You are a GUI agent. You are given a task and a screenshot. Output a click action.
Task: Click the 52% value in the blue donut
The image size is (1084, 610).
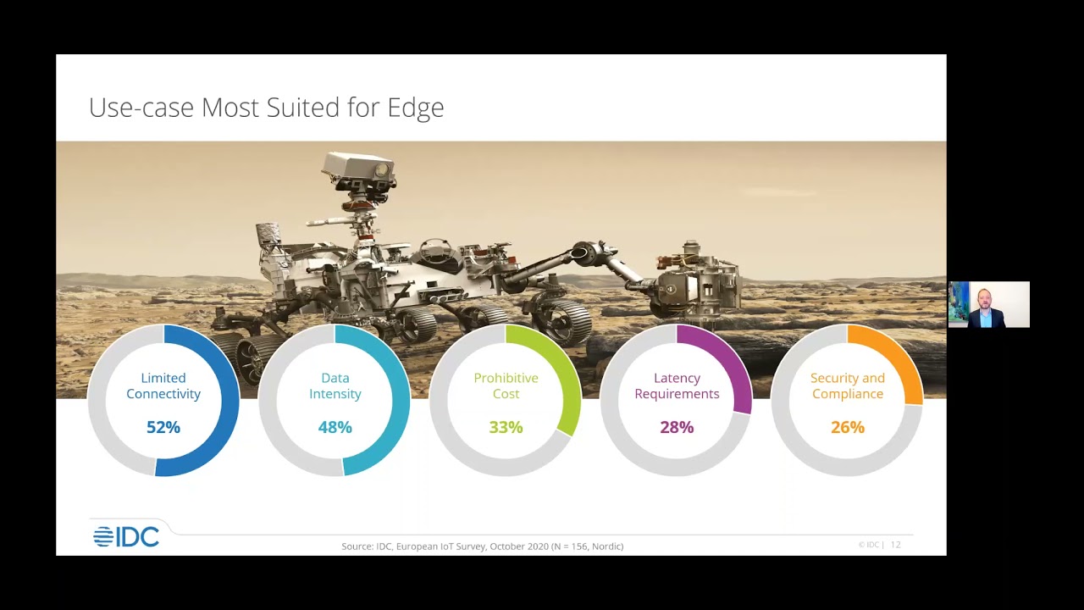pyautogui.click(x=163, y=427)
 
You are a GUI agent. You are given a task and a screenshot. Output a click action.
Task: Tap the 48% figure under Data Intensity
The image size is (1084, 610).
pyautogui.click(x=335, y=427)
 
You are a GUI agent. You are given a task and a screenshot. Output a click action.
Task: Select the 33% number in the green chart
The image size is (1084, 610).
pyautogui.click(x=506, y=427)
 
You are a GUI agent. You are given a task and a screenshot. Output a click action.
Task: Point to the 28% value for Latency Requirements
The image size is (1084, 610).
pyautogui.click(x=677, y=427)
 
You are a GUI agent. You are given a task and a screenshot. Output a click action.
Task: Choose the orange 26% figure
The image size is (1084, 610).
pyautogui.click(x=848, y=427)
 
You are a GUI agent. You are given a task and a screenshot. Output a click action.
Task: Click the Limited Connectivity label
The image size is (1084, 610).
pyautogui.click(x=163, y=385)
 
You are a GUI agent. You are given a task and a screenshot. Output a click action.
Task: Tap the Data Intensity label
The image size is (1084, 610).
pyautogui.click(x=335, y=385)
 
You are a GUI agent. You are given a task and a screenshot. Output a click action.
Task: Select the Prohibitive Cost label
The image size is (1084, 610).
pyautogui.click(x=506, y=385)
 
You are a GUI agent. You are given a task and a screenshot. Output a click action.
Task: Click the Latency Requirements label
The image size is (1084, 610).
pyautogui.click(x=677, y=385)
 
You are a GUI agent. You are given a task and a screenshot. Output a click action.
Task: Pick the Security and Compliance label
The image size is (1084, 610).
pyautogui.click(x=848, y=385)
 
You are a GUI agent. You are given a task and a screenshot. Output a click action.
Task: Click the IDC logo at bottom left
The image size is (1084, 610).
pyautogui.click(x=126, y=536)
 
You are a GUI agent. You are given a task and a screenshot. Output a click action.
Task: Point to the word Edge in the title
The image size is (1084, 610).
pyautogui.click(x=415, y=108)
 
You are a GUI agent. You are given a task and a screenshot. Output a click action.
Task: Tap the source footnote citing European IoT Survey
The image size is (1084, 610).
pyautogui.click(x=482, y=546)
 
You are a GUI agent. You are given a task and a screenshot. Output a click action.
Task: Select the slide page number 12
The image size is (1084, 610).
pyautogui.click(x=895, y=545)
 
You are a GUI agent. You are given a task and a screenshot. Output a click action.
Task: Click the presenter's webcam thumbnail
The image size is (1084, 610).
pyautogui.click(x=988, y=304)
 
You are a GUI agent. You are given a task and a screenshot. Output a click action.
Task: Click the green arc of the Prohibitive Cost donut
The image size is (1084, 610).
pyautogui.click(x=563, y=369)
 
